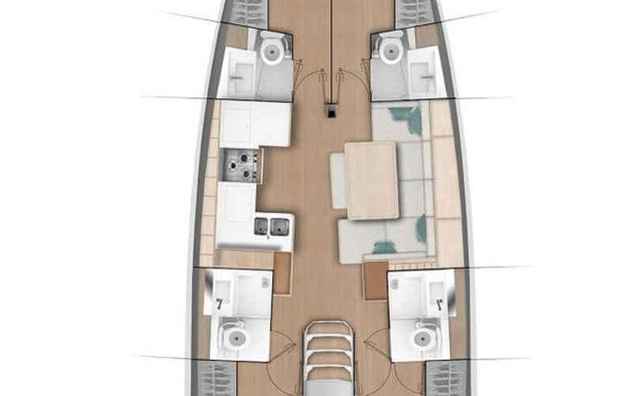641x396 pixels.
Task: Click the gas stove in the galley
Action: click(240, 165)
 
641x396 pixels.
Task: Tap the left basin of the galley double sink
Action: click(262, 227)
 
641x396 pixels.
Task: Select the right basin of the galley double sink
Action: click(279, 227)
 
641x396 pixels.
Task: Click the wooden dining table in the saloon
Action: click(372, 179)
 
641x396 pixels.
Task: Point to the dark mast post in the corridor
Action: click(328, 112)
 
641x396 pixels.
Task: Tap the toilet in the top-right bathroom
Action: click(389, 51)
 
